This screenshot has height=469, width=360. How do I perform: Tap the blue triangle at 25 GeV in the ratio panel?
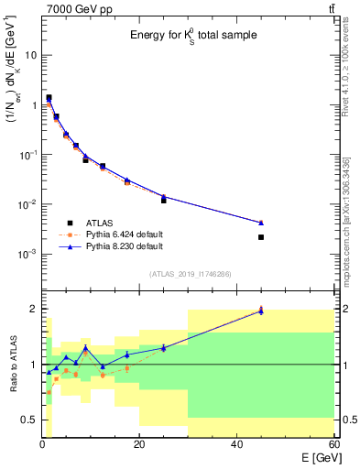click(163, 347)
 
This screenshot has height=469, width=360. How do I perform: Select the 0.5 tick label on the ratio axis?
click(28, 420)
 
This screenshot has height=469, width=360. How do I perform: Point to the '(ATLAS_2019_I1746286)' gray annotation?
click(188, 274)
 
